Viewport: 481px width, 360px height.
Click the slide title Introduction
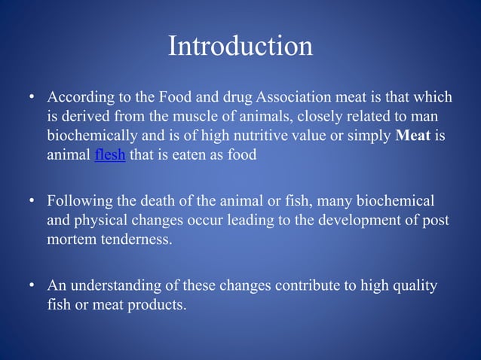click(x=240, y=47)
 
